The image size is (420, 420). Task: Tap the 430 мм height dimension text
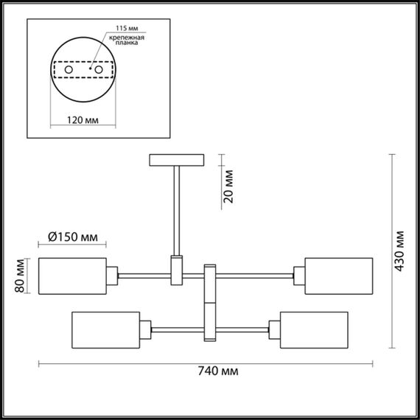(399, 253)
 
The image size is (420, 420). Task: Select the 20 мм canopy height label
(228, 189)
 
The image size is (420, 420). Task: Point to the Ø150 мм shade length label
(72, 237)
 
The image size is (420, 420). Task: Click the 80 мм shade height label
(20, 276)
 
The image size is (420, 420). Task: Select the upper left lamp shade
(71, 276)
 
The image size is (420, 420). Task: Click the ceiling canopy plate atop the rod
(177, 160)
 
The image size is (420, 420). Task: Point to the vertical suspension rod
(177, 210)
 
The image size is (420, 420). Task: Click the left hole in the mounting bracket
(69, 70)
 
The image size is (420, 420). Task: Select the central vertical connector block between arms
(209, 302)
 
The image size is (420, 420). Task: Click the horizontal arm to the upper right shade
(255, 276)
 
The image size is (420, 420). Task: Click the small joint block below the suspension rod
(177, 269)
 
